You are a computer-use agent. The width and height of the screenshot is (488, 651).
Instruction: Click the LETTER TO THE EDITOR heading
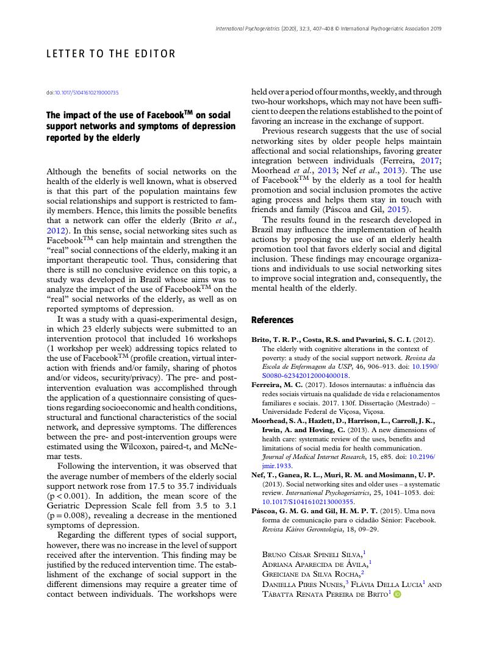[x=111, y=54]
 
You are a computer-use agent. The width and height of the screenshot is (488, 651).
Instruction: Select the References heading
[x=272, y=320]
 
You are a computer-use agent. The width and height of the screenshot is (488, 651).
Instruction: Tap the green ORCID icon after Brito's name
[x=397, y=594]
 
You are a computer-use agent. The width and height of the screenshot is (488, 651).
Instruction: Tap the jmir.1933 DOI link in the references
[x=277, y=448]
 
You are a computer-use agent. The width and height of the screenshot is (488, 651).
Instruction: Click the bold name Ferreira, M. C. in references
[x=278, y=385]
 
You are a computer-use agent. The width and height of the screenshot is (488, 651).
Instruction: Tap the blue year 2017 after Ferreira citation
[x=430, y=160]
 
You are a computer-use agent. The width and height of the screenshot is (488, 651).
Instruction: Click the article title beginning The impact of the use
[x=140, y=126]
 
